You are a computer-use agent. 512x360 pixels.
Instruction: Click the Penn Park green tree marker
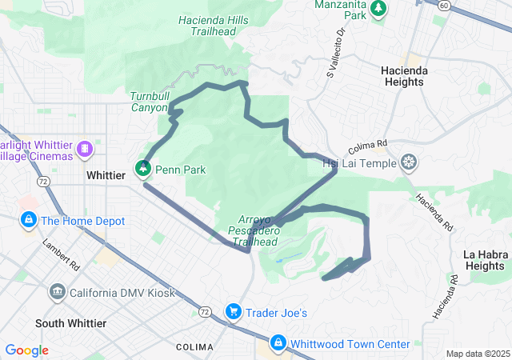point(144,169)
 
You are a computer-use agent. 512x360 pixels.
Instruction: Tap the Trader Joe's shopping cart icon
point(234,311)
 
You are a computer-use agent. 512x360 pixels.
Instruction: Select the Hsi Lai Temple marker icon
point(410,163)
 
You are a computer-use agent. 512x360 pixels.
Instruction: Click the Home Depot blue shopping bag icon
point(28,219)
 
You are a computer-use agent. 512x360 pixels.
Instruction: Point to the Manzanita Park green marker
point(378,9)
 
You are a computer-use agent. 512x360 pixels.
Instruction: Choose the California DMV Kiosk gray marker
point(57,291)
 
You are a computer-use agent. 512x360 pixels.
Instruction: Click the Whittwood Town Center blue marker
point(278,343)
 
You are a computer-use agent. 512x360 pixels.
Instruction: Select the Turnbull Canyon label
point(149,102)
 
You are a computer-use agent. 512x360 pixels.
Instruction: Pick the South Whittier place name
point(70,323)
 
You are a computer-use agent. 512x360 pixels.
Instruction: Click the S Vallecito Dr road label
point(334,54)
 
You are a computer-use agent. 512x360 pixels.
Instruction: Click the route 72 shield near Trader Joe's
point(206,310)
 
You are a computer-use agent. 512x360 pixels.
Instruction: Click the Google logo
point(27,350)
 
